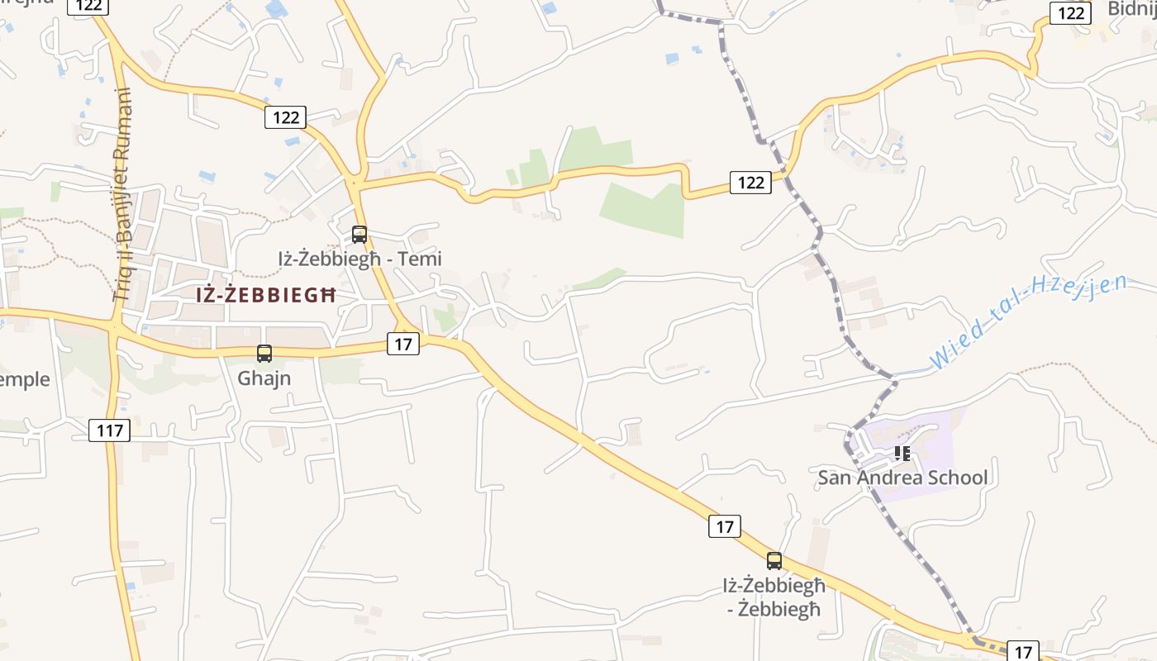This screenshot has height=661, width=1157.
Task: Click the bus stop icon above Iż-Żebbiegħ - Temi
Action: point(359,235)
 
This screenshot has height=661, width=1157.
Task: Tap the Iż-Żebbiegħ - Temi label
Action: point(359,259)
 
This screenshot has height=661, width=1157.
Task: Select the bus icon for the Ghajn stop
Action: point(264,354)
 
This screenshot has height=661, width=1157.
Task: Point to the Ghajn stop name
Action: point(264,378)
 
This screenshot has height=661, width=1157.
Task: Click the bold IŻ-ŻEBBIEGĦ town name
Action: point(266,295)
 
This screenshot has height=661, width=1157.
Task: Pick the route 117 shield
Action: point(110,430)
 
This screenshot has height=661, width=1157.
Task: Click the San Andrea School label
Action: point(902,478)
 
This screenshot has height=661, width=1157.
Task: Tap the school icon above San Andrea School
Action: point(902,454)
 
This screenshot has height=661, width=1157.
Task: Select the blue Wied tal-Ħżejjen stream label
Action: point(1029,322)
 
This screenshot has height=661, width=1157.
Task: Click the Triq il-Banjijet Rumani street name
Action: point(124,194)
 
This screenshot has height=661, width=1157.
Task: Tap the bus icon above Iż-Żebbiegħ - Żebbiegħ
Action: point(774,561)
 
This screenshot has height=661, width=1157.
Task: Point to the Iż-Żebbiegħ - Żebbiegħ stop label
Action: point(774,597)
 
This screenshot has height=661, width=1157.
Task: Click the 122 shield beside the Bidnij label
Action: point(1071,13)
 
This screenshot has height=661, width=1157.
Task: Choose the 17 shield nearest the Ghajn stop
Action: point(402,344)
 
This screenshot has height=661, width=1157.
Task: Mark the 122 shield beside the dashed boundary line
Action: point(750,183)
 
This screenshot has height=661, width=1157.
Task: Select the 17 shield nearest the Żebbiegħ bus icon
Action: point(725,526)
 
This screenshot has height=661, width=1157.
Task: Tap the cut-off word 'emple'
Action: point(25,380)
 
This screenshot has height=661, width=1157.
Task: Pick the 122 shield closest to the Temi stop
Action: point(286,117)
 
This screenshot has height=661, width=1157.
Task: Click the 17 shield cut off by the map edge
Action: point(1023,651)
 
